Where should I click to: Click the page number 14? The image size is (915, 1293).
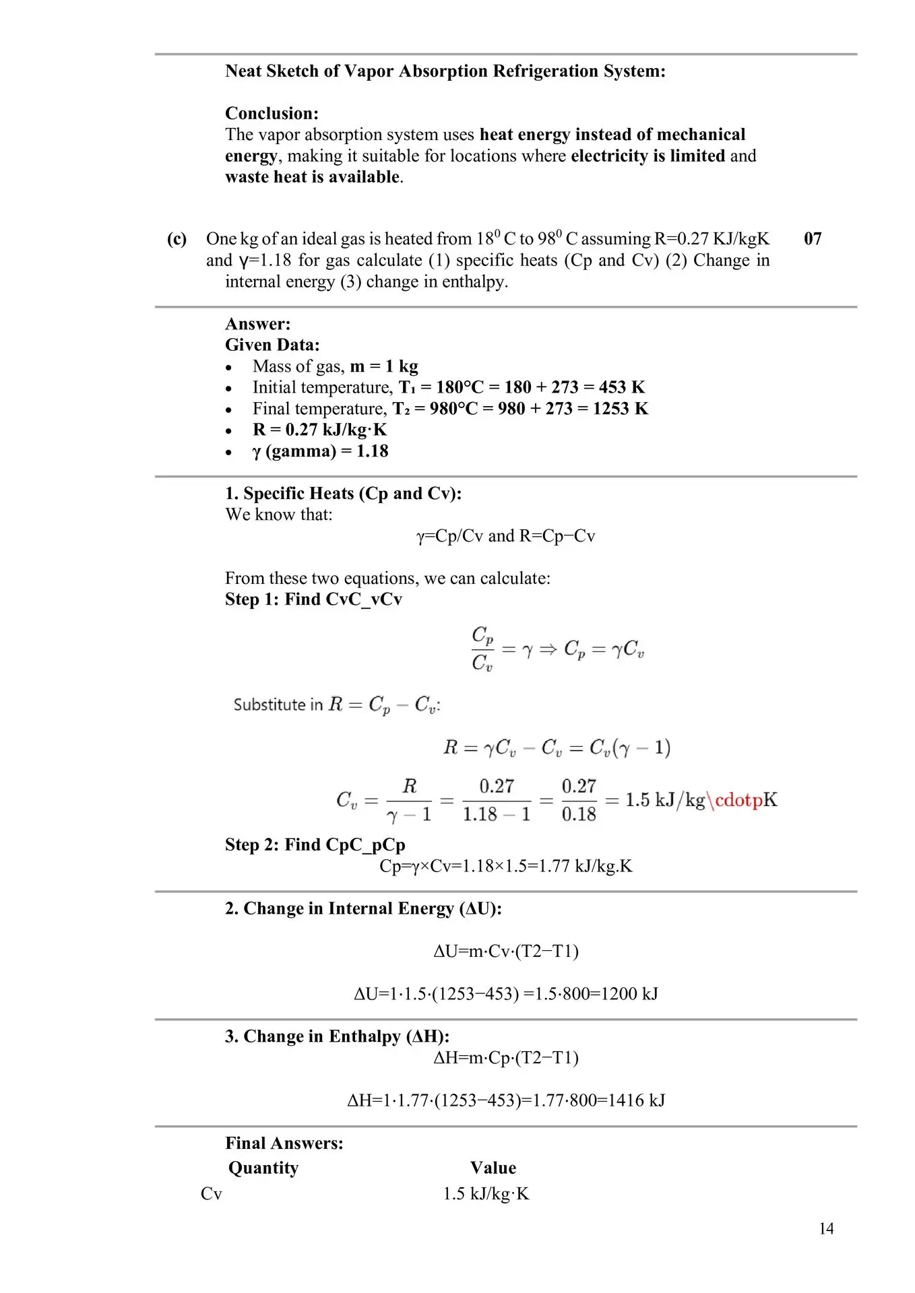pyautogui.click(x=826, y=1229)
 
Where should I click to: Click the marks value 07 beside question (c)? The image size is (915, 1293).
pyautogui.click(x=813, y=239)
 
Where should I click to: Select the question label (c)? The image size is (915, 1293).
pyautogui.click(x=177, y=239)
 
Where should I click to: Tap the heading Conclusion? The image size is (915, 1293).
pyautogui.click(x=272, y=113)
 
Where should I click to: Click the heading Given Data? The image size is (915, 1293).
pyautogui.click(x=272, y=345)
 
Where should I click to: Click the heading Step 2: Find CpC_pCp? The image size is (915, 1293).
pyautogui.click(x=315, y=844)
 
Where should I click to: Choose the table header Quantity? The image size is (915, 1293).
pyautogui.click(x=263, y=1168)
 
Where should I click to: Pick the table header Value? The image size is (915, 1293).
pyautogui.click(x=493, y=1168)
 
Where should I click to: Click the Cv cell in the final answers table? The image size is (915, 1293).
pyautogui.click(x=211, y=1194)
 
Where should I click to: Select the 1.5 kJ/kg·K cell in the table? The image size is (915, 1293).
pyautogui.click(x=485, y=1194)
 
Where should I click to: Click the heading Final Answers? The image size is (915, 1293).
pyautogui.click(x=284, y=1143)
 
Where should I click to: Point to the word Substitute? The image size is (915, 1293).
pyautogui.click(x=269, y=705)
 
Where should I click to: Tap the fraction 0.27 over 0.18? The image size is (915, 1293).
pyautogui.click(x=579, y=800)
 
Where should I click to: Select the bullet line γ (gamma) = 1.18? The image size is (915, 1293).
pyautogui.click(x=320, y=451)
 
